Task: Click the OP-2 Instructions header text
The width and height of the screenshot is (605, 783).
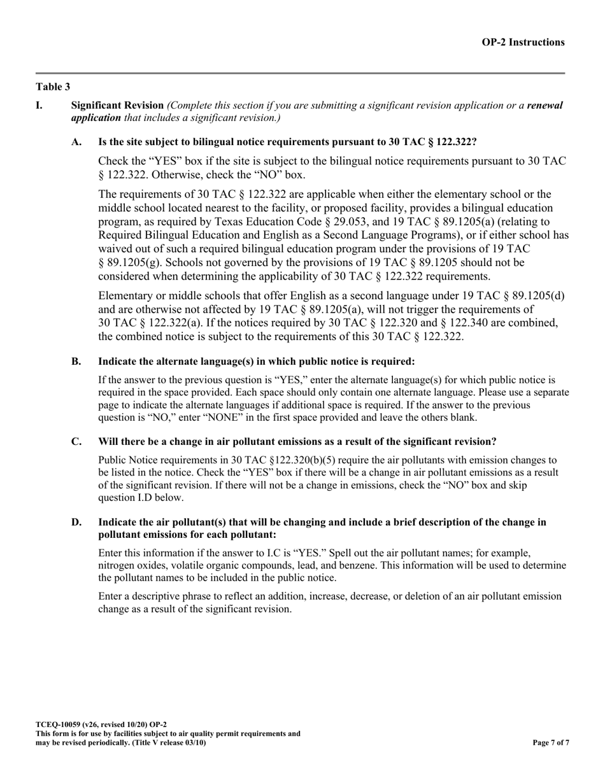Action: click(522, 43)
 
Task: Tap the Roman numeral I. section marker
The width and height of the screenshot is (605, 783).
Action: click(39, 106)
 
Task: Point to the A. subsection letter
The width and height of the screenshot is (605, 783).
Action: click(76, 143)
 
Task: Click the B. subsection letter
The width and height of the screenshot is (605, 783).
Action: click(76, 362)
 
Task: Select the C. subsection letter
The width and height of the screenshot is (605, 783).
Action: click(76, 442)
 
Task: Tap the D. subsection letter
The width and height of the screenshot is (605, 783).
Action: click(76, 522)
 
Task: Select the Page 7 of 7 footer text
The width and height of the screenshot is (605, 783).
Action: click(550, 742)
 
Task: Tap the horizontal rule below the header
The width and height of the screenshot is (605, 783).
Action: click(300, 73)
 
